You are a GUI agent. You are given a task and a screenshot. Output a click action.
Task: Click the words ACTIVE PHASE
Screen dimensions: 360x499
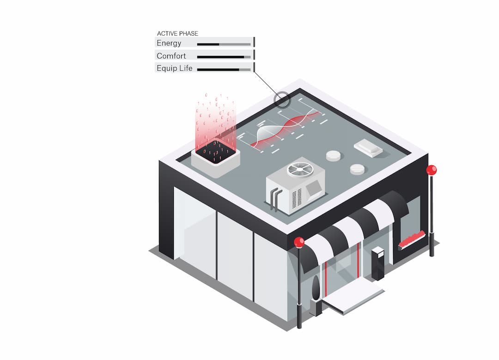coord(177,33)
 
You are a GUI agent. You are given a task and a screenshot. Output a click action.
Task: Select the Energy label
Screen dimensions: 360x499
coord(169,43)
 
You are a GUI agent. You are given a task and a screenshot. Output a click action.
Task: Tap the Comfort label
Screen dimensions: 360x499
coord(171,56)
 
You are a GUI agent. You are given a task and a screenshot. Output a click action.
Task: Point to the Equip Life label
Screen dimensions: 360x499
coord(175,68)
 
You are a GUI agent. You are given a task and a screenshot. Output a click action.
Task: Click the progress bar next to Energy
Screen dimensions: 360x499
coord(224,44)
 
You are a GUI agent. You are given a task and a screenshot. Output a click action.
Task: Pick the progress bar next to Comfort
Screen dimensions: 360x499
coord(224,57)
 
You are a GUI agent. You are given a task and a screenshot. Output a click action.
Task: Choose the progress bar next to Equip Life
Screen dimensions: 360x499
coord(224,70)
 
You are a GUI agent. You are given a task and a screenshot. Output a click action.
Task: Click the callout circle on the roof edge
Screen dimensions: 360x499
coord(281,99)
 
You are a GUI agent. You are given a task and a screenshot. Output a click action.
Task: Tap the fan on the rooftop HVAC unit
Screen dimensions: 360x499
coord(300,170)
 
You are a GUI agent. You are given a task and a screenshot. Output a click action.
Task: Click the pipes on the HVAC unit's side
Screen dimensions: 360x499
coord(275,199)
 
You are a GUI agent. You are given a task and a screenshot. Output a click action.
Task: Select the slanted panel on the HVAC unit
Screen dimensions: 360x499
coord(314,187)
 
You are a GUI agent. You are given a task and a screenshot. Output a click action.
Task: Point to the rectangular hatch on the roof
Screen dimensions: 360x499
coord(368,147)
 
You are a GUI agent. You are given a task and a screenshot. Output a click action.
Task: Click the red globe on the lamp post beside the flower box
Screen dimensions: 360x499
coord(432,170)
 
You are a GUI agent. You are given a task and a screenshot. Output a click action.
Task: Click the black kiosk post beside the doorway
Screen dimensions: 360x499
coord(378,263)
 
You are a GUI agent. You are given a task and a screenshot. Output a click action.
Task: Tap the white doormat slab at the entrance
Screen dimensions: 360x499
coord(353,296)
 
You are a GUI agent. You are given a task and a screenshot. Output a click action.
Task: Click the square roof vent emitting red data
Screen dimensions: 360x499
coord(215,158)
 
